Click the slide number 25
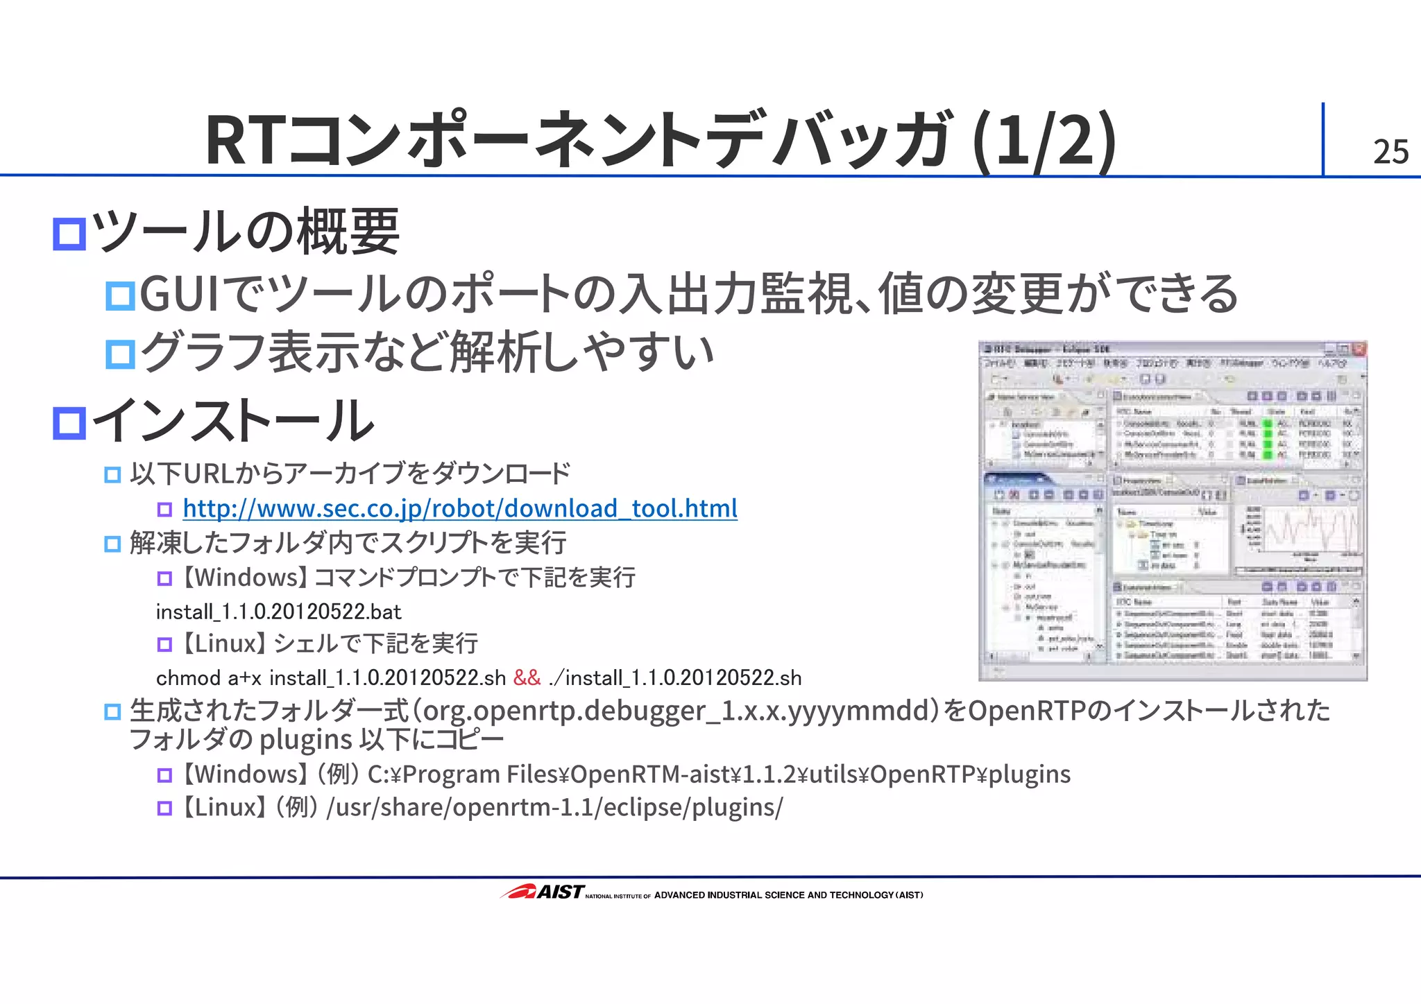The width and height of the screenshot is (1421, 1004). tap(1390, 151)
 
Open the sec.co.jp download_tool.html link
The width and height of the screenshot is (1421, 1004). tap(459, 509)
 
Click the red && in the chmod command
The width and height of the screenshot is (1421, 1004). tap(527, 677)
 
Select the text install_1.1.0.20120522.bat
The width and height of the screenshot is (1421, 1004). tap(278, 612)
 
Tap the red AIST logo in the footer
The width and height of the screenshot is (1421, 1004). tap(542, 892)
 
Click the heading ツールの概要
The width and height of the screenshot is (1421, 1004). tap(246, 232)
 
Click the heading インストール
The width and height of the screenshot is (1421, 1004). tap(233, 421)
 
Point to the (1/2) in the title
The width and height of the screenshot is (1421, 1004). tap(1044, 141)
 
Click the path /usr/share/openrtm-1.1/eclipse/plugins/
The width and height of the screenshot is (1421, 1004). tap(559, 807)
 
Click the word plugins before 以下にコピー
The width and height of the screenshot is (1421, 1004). tap(305, 740)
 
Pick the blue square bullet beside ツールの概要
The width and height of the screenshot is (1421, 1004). tap(69, 234)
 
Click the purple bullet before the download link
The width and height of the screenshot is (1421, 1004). tap(164, 510)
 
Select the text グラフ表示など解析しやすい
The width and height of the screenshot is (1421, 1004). tap(426, 352)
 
